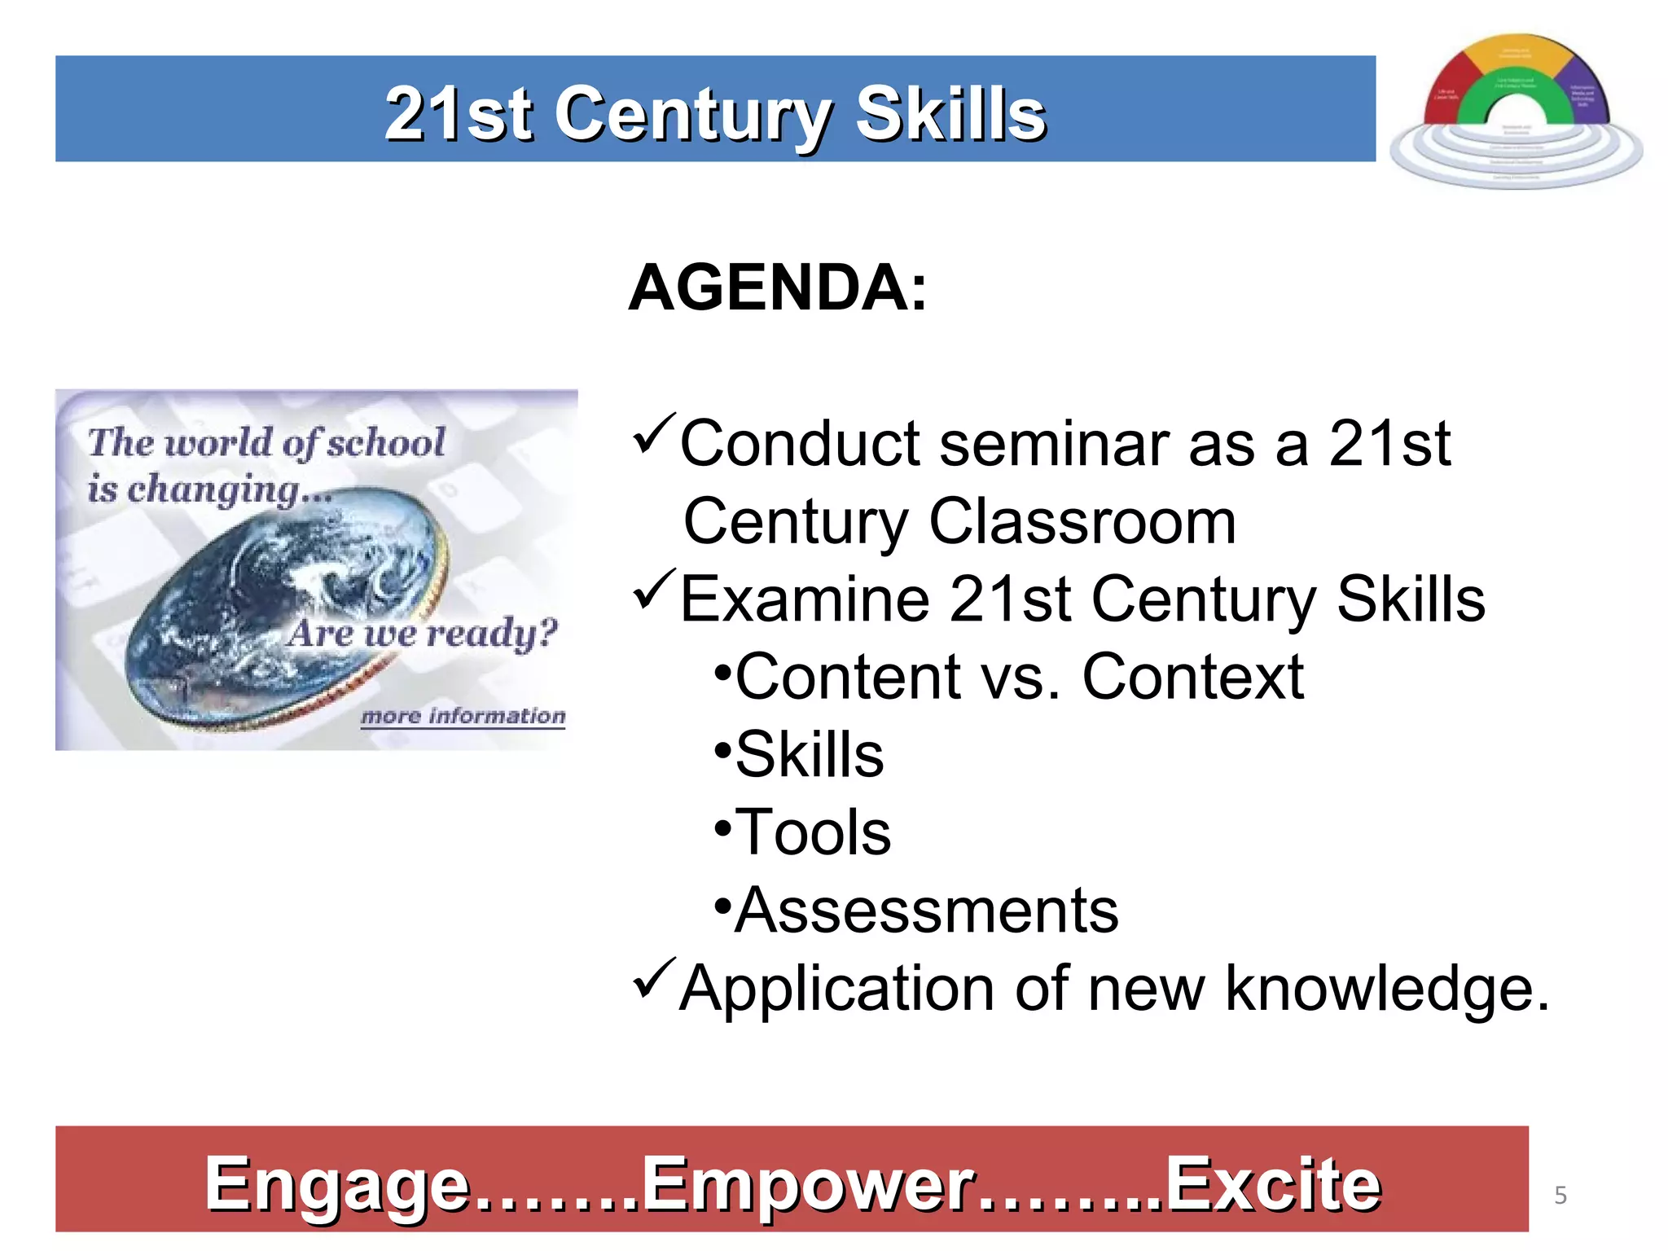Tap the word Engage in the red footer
point(337,1184)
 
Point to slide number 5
point(1560,1195)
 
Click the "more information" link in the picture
point(463,716)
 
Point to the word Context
point(1192,677)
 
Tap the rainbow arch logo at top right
point(1516,110)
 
